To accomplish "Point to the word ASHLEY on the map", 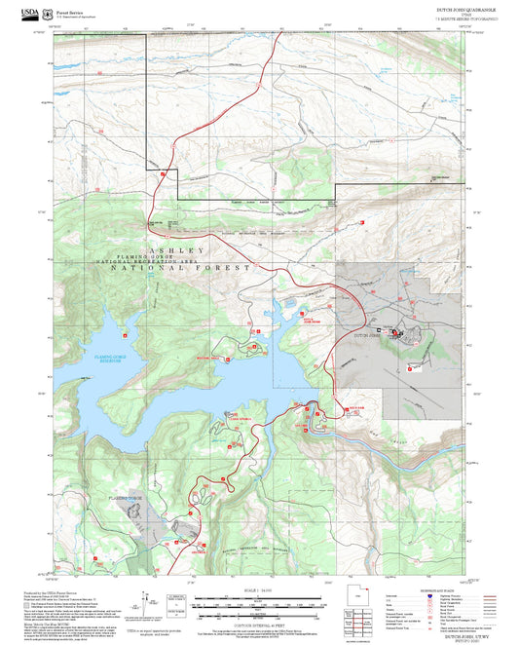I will point(173,249).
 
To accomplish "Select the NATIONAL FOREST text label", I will point(194,267).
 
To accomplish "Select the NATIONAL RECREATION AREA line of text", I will point(170,261).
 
